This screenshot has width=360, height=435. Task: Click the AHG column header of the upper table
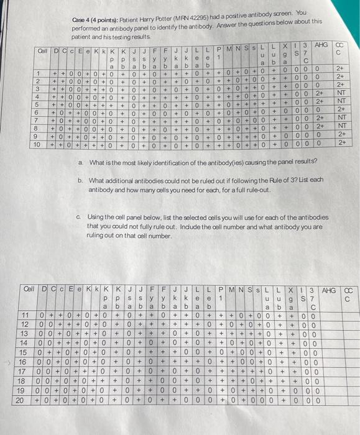pos(322,46)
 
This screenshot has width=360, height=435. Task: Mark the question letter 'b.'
pos(81,180)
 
